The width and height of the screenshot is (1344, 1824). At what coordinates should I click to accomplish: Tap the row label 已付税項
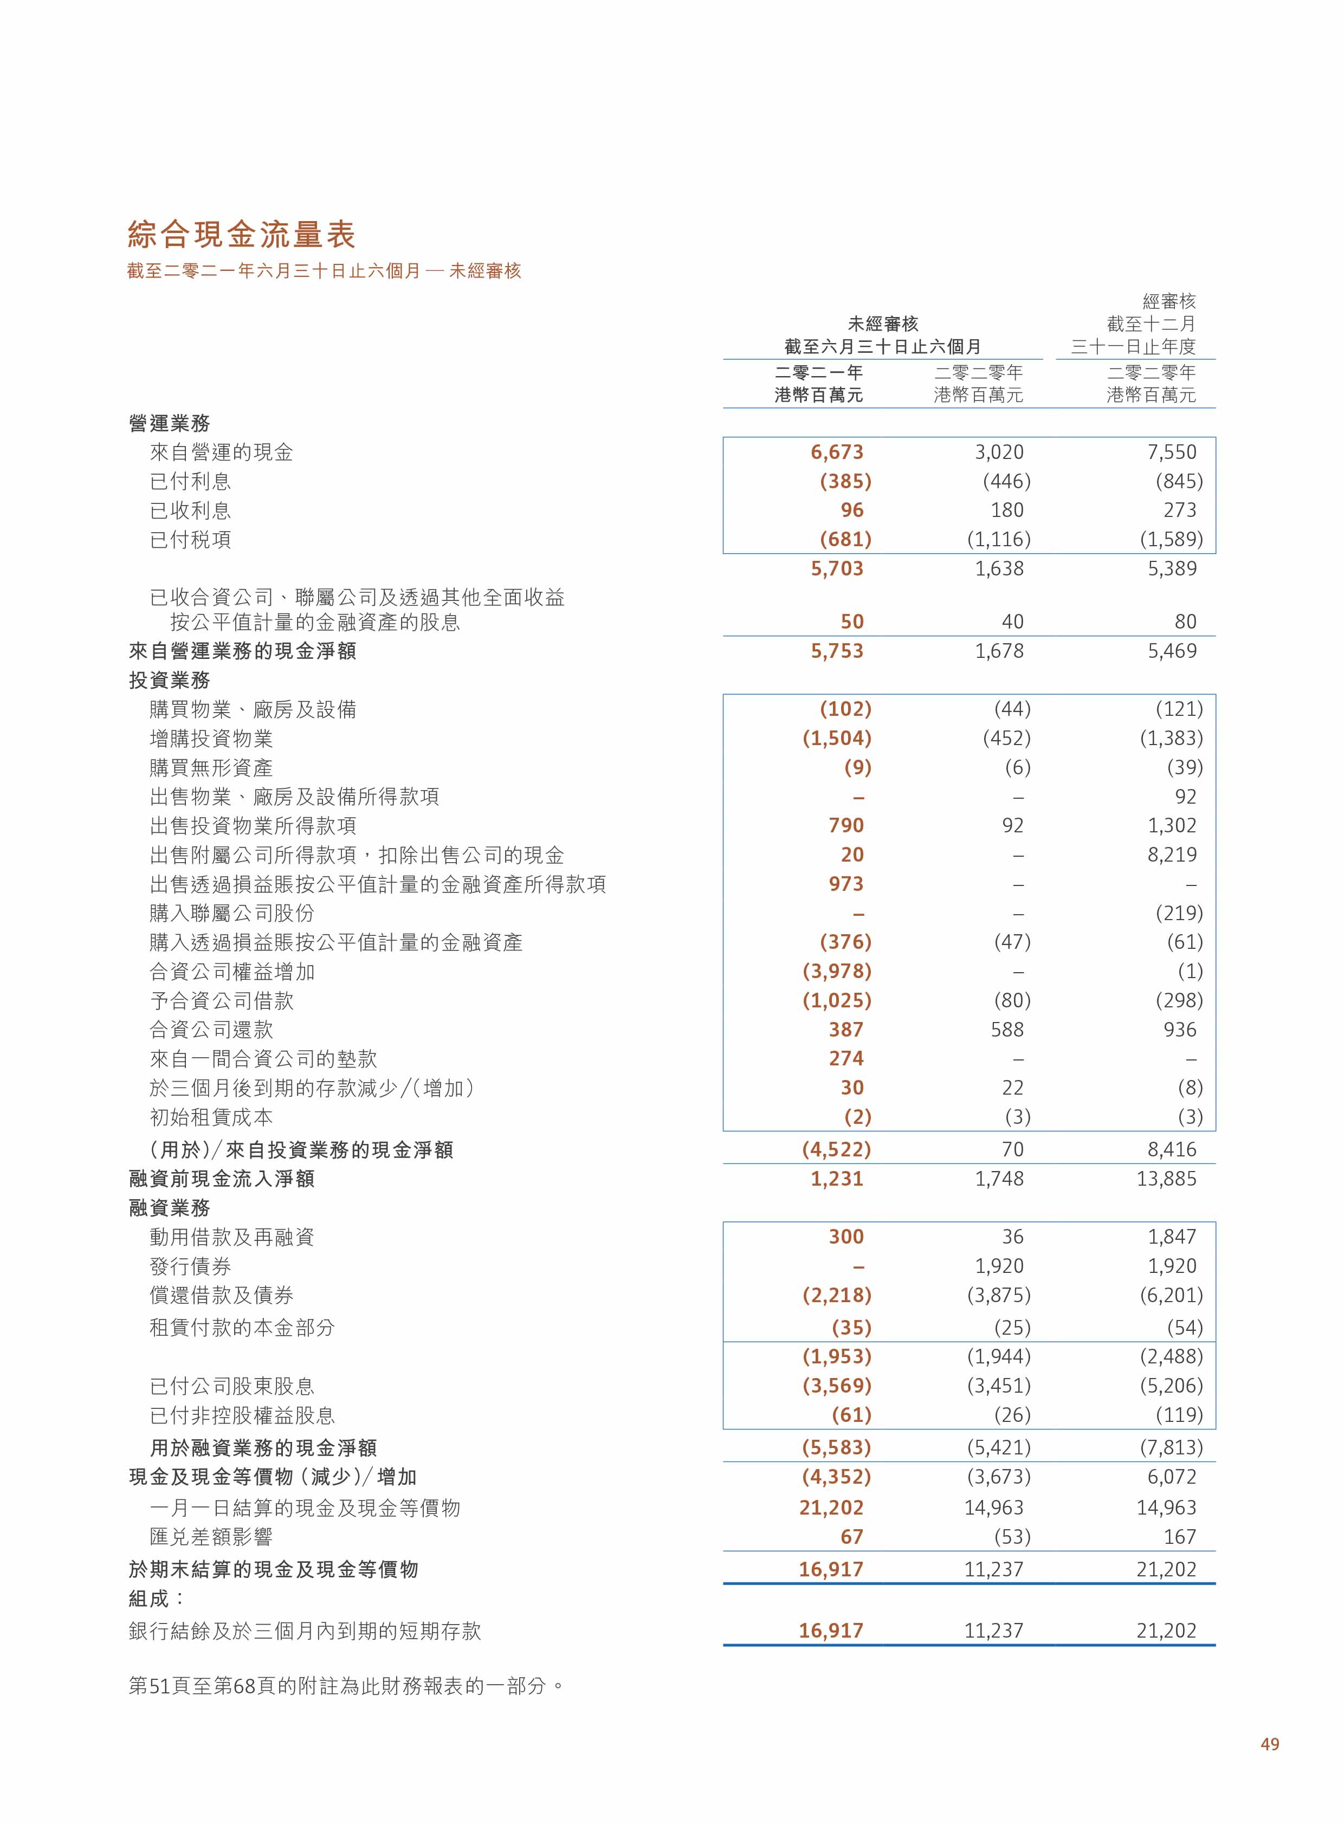click(x=190, y=539)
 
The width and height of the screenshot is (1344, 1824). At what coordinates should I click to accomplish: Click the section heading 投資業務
click(x=169, y=680)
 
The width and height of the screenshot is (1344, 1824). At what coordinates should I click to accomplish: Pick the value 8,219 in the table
click(x=1172, y=855)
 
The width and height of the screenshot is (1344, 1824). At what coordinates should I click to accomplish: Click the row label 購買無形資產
click(x=211, y=767)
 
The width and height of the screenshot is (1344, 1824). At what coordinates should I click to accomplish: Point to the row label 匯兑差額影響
click(x=211, y=1537)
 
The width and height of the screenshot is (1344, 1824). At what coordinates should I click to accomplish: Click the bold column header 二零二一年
click(x=818, y=373)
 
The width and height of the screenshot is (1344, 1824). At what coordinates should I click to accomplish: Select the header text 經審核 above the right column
click(x=1168, y=301)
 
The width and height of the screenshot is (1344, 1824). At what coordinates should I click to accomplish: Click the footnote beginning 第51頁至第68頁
click(x=346, y=1686)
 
